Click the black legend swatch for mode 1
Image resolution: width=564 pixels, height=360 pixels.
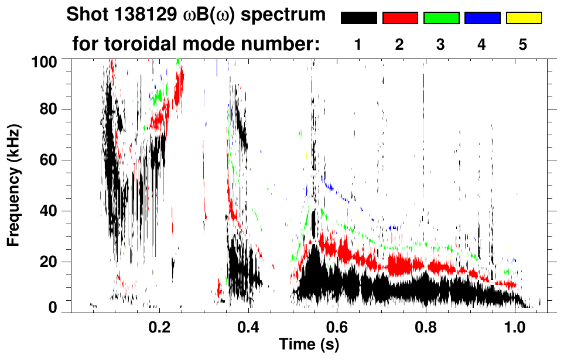pos(358,18)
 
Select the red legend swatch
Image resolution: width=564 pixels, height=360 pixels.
pos(400,18)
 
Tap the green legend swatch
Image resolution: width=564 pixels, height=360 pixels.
pos(441,18)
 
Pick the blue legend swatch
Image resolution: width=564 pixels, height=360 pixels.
pos(482,18)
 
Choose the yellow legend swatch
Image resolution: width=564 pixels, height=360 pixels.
pos(523,18)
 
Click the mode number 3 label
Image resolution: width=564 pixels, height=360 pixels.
pos(441,45)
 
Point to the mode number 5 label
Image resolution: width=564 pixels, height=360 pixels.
pos(523,45)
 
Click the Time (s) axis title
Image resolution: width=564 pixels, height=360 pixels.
pos(309,345)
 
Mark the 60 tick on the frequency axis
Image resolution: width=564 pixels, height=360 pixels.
pos(53,160)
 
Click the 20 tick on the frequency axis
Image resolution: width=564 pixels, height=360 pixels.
pos(53,262)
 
